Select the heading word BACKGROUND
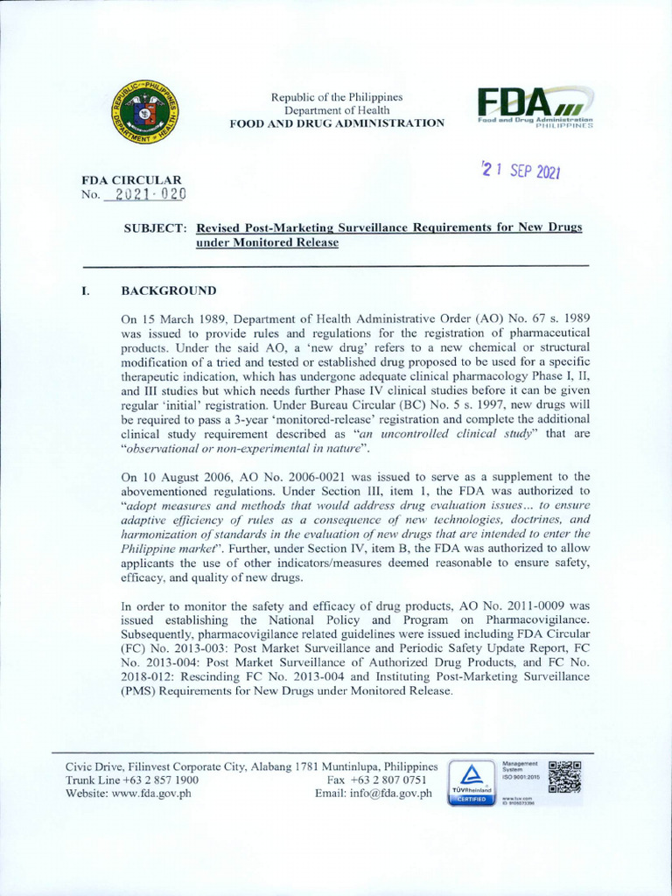click(x=169, y=290)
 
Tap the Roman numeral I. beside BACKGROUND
click(x=86, y=290)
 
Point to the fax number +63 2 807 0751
click(x=388, y=780)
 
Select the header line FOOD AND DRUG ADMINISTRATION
click(x=337, y=123)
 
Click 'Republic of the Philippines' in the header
click(x=337, y=96)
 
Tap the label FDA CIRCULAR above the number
click(x=131, y=180)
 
